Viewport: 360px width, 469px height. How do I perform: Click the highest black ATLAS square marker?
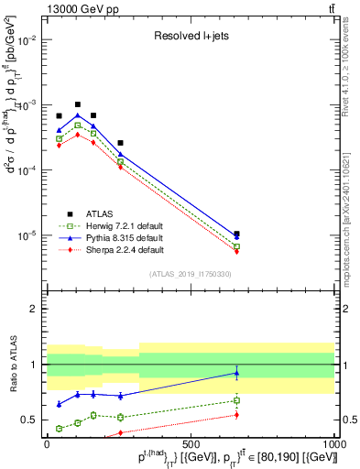(78, 104)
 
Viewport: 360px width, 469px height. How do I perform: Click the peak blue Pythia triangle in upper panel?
(78, 115)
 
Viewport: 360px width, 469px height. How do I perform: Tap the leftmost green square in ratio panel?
(60, 428)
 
